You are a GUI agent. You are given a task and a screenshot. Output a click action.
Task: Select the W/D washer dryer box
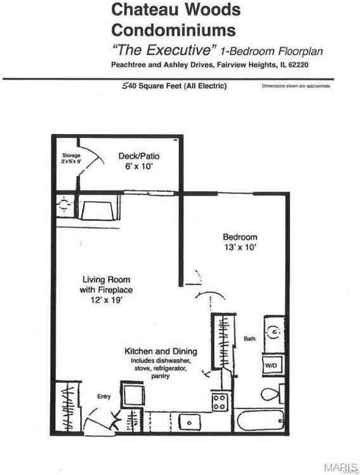click(x=271, y=366)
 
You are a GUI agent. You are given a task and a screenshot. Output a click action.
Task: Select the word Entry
click(x=103, y=397)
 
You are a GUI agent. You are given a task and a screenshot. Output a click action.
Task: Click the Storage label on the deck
click(x=70, y=156)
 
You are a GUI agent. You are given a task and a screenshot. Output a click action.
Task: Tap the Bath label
click(x=250, y=339)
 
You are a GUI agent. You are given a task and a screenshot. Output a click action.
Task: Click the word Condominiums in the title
click(x=173, y=30)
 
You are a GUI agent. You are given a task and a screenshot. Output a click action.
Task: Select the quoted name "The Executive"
click(x=164, y=50)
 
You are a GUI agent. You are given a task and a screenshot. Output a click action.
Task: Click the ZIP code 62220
click(x=304, y=65)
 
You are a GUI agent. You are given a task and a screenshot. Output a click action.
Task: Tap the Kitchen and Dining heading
click(x=160, y=351)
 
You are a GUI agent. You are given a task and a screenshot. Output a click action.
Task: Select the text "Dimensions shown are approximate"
click(x=296, y=86)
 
